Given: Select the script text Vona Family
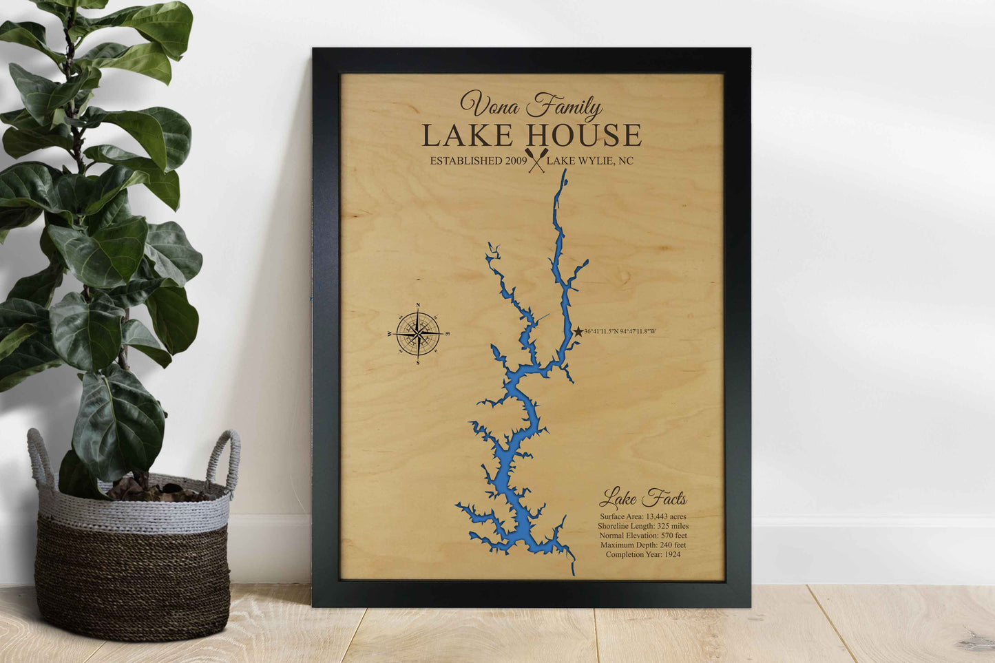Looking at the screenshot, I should (531, 105).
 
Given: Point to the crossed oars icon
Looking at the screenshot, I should (535, 160).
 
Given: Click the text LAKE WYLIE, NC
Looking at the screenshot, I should (589, 161).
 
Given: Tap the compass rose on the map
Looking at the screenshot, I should (418, 334).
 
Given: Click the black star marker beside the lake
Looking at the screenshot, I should (578, 332).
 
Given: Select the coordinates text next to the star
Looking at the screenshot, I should (620, 332).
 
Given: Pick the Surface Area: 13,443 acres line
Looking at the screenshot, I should (642, 516).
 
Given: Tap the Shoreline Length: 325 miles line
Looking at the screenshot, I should (642, 526).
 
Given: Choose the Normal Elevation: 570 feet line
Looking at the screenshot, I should (642, 536).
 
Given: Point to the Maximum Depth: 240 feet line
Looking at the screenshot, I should (642, 545).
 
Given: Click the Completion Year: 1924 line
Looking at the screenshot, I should (642, 554).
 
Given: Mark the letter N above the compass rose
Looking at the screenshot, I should (418, 306).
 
